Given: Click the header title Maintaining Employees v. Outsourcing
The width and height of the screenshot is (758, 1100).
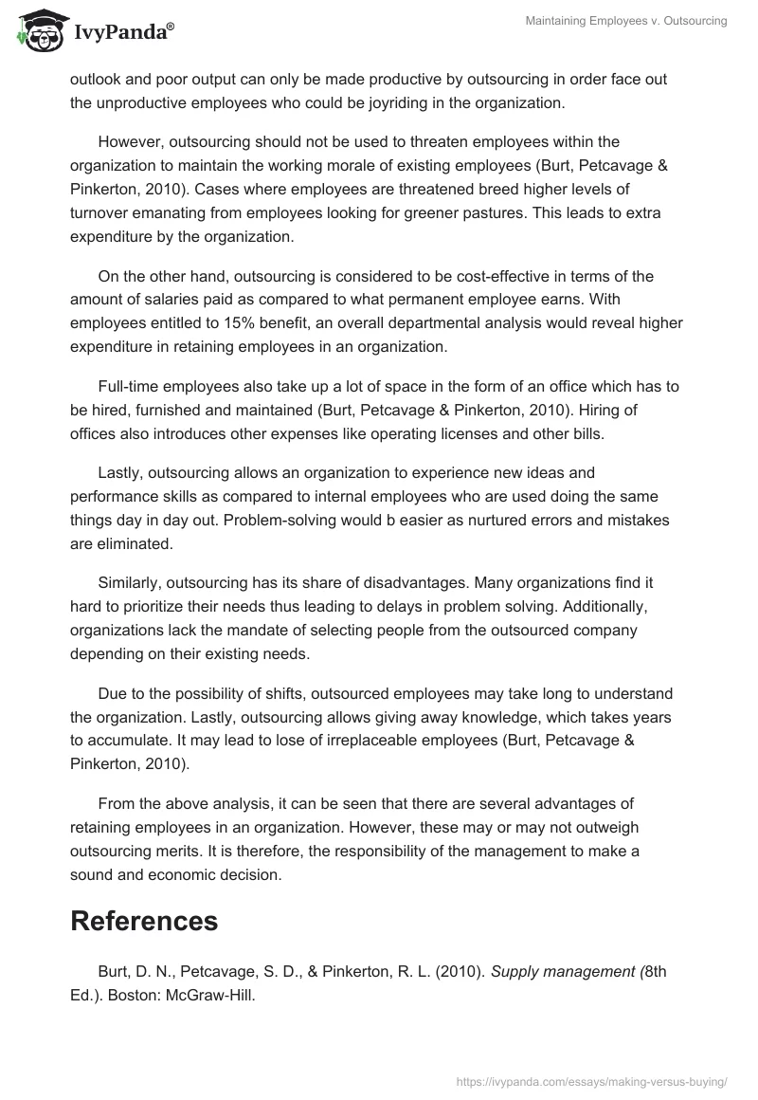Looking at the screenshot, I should coord(626,21).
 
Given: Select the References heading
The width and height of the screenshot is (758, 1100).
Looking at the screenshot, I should coord(144,920).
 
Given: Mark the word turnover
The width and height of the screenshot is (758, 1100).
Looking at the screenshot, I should coord(102,211).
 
